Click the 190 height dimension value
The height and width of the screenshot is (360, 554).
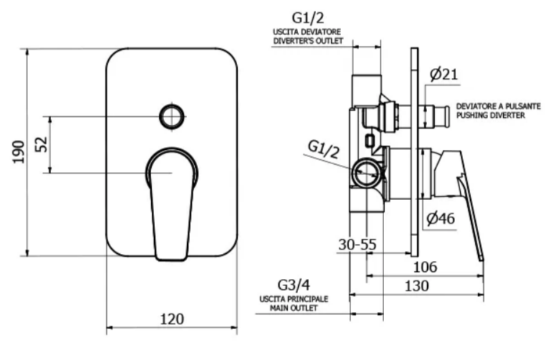[x=19, y=152]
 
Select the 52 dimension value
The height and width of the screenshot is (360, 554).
[x=42, y=144]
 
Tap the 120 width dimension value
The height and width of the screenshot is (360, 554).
[x=172, y=319]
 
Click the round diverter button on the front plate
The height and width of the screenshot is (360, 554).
[x=172, y=116]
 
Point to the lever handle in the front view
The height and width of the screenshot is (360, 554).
[x=172, y=204]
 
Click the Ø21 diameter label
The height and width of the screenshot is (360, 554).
[x=444, y=75]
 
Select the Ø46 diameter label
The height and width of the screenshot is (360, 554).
[x=441, y=218]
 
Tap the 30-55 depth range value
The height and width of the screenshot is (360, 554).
[x=357, y=245]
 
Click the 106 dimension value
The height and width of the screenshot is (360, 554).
[x=425, y=267]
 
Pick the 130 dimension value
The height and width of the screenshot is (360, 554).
[x=417, y=285]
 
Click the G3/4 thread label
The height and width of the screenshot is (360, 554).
[x=294, y=285]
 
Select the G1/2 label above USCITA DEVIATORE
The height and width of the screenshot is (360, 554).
[x=307, y=18]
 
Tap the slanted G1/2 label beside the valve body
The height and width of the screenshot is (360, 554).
[x=323, y=149]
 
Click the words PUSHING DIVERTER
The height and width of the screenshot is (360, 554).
[x=490, y=115]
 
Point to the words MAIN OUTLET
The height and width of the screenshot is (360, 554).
[x=294, y=308]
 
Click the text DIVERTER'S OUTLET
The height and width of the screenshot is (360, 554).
[x=308, y=41]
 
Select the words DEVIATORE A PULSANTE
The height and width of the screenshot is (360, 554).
[x=498, y=106]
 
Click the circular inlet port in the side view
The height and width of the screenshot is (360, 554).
[x=366, y=173]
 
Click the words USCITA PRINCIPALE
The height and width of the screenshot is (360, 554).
[x=294, y=299]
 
